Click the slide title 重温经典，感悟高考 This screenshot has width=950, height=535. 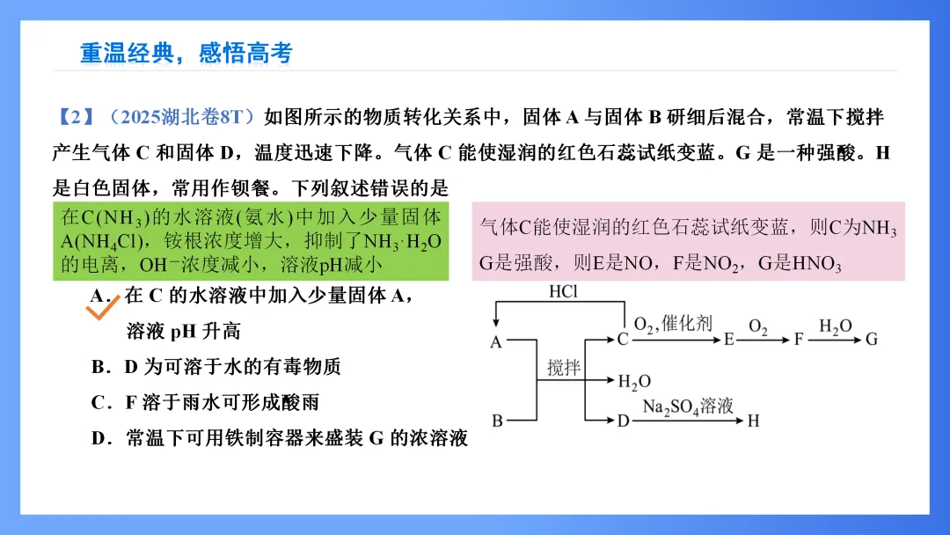point(186,54)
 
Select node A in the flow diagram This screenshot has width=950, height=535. point(496,342)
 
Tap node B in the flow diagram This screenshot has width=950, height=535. point(497,421)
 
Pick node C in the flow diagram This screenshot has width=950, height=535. point(623,340)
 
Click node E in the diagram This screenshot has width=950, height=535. point(728,340)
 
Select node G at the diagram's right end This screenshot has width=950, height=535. point(872,340)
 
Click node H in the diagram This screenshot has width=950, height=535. point(753,421)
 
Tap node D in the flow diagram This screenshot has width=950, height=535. point(623,421)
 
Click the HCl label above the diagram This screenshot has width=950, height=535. point(564,292)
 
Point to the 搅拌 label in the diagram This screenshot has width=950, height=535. point(564,368)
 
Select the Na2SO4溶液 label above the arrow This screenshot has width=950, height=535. point(688,407)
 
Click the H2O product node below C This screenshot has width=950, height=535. point(633,382)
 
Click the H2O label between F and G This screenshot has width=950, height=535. point(835,326)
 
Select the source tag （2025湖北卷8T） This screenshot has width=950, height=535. point(180,117)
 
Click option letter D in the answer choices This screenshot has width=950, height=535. point(99,438)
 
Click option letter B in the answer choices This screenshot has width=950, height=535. point(99,367)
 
